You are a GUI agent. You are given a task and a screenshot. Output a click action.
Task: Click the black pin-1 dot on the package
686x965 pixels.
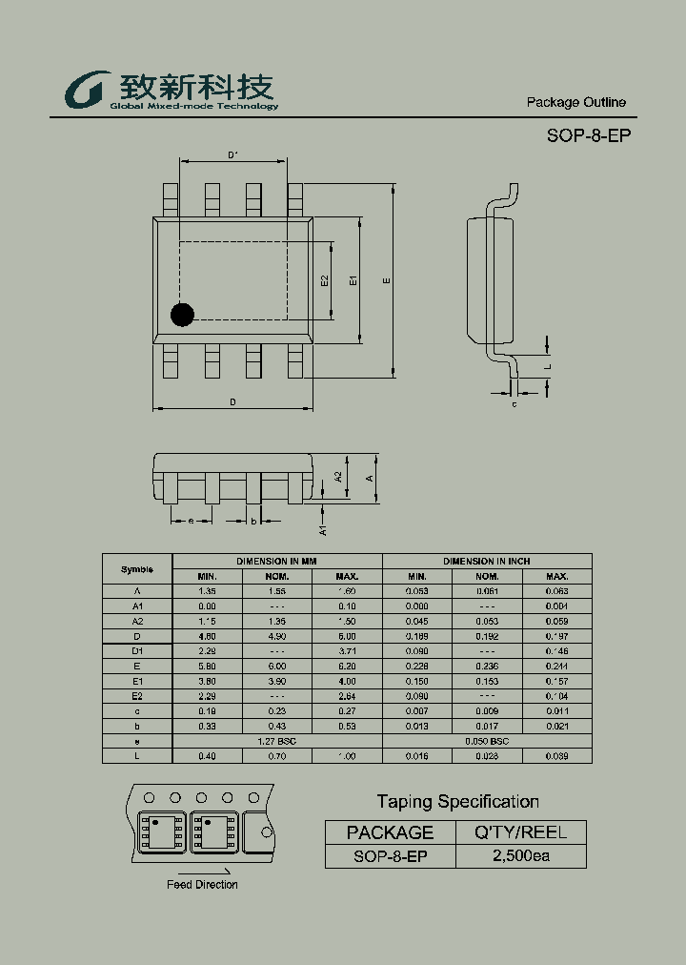tap(181, 314)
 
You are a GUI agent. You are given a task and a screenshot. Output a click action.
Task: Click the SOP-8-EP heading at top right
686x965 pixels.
tap(588, 135)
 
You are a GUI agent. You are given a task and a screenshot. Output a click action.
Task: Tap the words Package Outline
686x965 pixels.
tap(575, 102)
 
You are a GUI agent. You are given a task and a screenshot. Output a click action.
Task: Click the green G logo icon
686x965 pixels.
tap(85, 92)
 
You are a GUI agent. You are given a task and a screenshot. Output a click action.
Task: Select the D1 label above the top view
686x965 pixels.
tap(232, 154)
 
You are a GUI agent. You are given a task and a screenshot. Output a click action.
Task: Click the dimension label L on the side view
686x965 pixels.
tap(548, 365)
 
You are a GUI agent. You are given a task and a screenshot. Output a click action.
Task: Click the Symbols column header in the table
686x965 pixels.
tap(137, 569)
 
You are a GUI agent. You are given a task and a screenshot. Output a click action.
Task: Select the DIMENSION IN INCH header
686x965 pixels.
tap(487, 562)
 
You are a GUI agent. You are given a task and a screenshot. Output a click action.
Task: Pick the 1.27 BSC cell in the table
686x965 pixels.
tap(277, 741)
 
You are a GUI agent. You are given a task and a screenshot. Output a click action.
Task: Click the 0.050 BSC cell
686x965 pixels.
tap(487, 741)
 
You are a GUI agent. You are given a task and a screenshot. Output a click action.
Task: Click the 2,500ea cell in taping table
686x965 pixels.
tap(520, 855)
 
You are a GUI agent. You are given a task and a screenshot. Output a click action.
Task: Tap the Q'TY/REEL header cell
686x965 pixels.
tap(520, 832)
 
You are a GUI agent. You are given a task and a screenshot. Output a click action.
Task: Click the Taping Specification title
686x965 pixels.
tap(457, 802)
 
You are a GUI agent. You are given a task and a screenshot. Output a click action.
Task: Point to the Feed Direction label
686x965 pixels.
tap(202, 885)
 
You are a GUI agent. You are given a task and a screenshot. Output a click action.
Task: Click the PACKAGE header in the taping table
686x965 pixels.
tap(390, 832)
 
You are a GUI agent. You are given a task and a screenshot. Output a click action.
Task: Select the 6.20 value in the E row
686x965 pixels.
tap(347, 667)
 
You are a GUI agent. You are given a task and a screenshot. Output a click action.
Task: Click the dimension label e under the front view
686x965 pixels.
tap(191, 521)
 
